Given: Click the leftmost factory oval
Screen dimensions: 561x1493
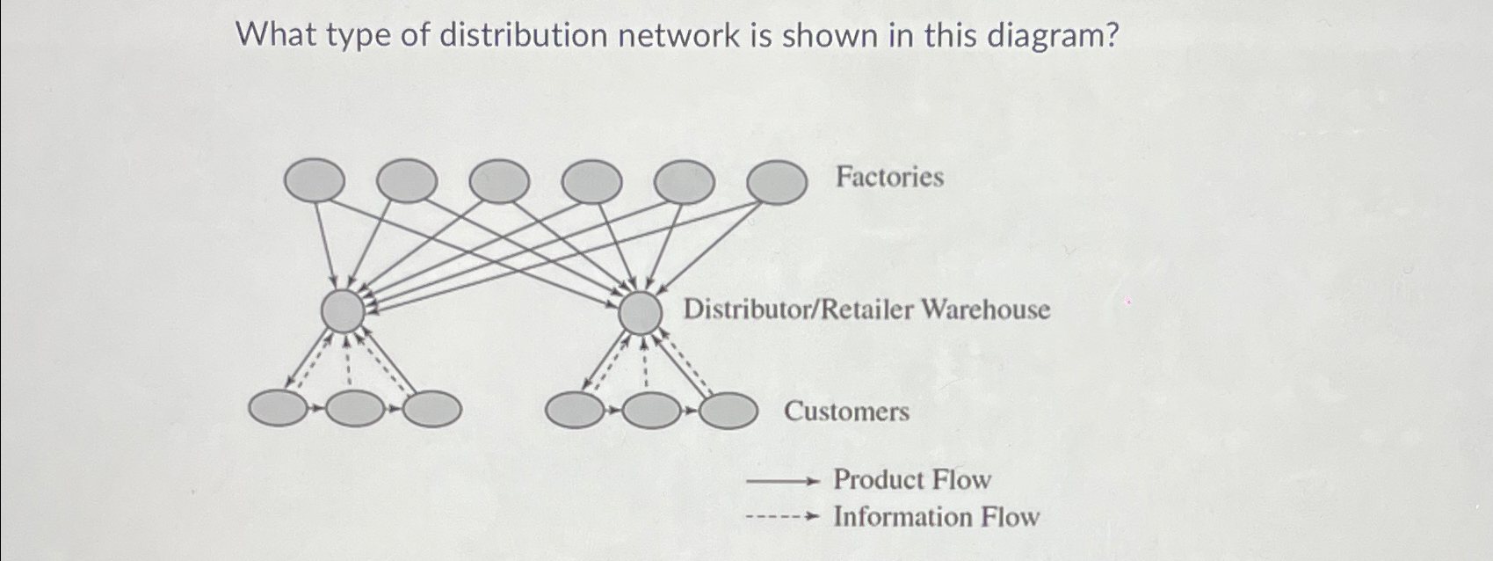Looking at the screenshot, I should click(315, 180).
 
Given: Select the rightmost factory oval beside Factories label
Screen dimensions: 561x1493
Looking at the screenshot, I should click(777, 182).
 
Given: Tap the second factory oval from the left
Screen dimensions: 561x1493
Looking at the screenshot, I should click(406, 180).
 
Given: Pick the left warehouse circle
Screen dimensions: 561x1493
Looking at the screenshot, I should click(343, 310).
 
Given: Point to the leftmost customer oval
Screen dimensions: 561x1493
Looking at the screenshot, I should click(279, 409).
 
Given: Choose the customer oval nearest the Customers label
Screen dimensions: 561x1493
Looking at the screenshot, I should click(728, 411).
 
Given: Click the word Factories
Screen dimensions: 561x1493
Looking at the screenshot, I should click(889, 178).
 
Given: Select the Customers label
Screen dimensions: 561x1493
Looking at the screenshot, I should click(846, 412).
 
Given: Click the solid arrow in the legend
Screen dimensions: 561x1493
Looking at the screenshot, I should click(782, 481).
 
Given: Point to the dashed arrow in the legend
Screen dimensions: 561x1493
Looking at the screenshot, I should click(782, 517).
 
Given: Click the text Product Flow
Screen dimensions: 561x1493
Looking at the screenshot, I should click(911, 480).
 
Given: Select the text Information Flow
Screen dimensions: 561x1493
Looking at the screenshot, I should click(936, 517).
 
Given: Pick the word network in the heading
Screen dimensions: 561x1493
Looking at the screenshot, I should click(678, 36).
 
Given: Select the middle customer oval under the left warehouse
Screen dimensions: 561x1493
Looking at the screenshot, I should click(355, 409).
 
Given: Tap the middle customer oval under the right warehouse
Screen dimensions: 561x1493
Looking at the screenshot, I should click(652, 411).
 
